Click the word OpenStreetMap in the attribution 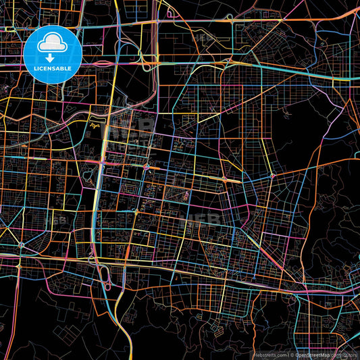tap(313, 354)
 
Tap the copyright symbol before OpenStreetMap tap(292, 354)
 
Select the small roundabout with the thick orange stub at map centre tap(147, 166)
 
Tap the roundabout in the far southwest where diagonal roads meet tap(22, 244)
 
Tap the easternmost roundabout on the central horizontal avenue tap(272, 176)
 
